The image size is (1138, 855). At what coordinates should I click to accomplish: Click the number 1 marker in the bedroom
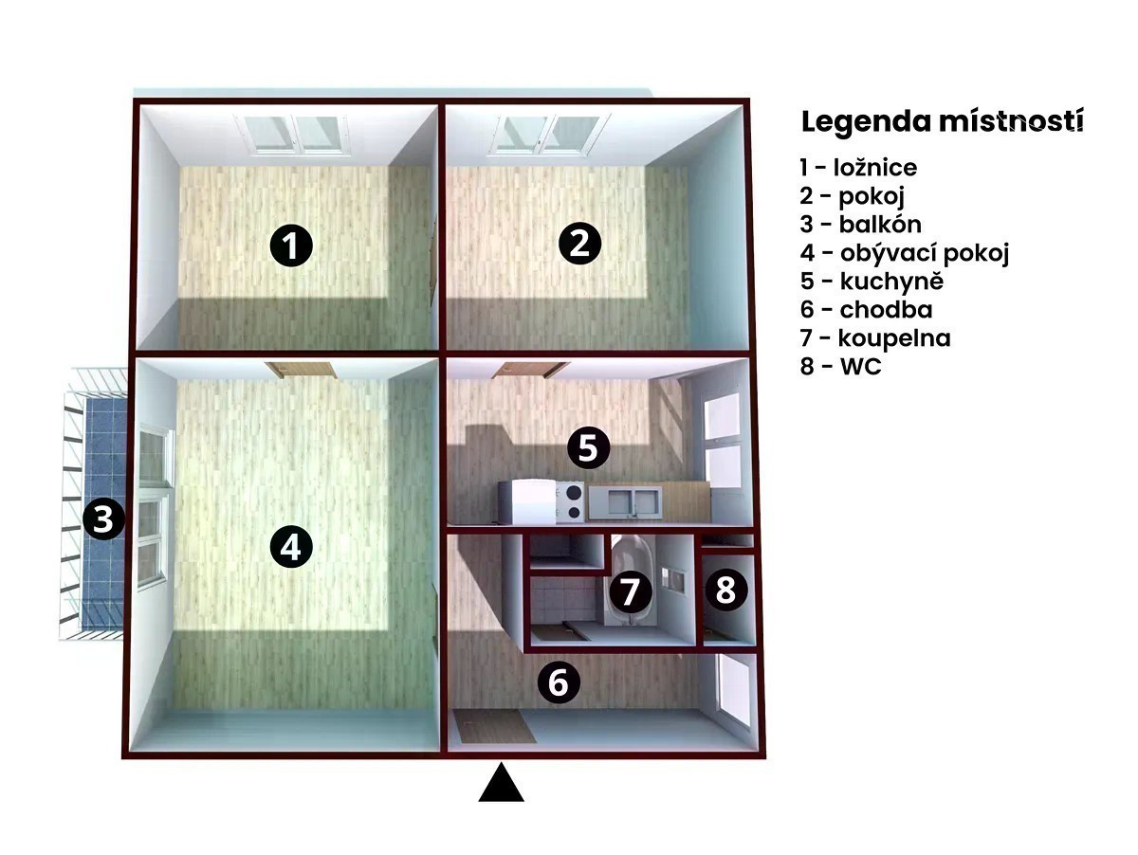[291, 246]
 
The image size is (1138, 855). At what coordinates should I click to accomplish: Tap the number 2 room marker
[579, 244]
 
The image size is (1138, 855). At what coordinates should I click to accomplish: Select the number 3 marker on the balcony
[103, 518]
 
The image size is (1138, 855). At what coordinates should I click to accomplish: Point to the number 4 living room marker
[291, 547]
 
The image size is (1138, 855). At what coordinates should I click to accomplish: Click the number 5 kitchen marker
[588, 448]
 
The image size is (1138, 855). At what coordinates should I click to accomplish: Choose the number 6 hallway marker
[559, 682]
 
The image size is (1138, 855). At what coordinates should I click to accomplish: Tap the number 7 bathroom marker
[630, 591]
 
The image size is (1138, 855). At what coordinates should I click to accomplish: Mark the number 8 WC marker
[725, 590]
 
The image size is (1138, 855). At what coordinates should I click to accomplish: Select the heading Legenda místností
[942, 122]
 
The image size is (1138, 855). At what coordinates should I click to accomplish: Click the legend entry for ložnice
[858, 168]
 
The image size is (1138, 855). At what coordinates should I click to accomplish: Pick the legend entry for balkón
[861, 225]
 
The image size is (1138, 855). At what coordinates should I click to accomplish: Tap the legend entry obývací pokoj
[905, 253]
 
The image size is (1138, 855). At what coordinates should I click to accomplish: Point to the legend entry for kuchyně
[872, 282]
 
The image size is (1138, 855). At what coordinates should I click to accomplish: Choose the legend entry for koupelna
[875, 338]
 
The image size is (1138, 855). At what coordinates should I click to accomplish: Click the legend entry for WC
[840, 366]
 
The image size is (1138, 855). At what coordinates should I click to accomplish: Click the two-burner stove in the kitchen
[570, 501]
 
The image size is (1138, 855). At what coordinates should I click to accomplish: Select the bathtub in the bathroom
[633, 579]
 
